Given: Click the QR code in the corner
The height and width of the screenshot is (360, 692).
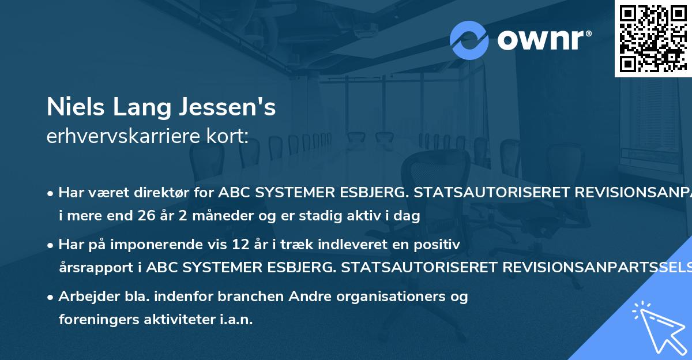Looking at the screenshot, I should coord(653,38).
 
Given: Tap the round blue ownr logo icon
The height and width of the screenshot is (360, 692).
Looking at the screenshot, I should coord(469,40).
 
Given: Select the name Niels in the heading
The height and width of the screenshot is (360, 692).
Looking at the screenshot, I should coord(73,107).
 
